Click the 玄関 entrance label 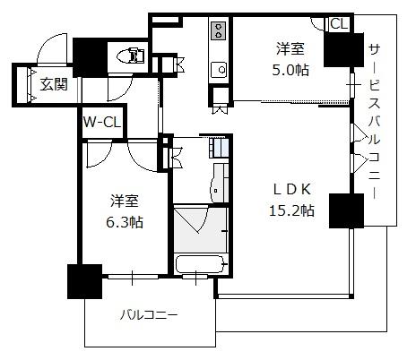[55, 84]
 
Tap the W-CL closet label [102, 122]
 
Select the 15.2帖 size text [291, 210]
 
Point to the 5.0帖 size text [290, 70]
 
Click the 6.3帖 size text [125, 222]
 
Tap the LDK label [292, 189]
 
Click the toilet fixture [131, 56]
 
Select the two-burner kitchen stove [219, 30]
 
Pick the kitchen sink [219, 70]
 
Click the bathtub [200, 263]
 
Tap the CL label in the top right [340, 23]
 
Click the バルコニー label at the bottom [149, 315]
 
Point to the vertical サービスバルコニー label [374, 122]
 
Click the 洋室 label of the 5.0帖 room [290, 48]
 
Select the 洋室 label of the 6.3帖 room [125, 201]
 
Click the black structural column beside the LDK [346, 210]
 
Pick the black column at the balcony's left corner [85, 281]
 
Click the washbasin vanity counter [220, 183]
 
